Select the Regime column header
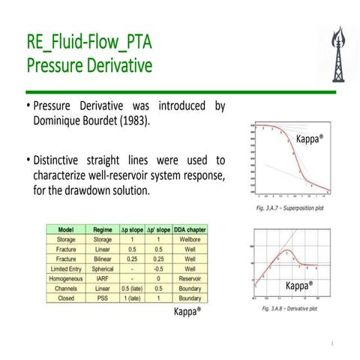(x=103, y=229)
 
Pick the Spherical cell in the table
(x=103, y=268)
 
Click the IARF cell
(x=103, y=277)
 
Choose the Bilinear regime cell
(x=103, y=258)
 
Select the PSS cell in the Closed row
(x=103, y=297)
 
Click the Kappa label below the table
(x=188, y=312)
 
